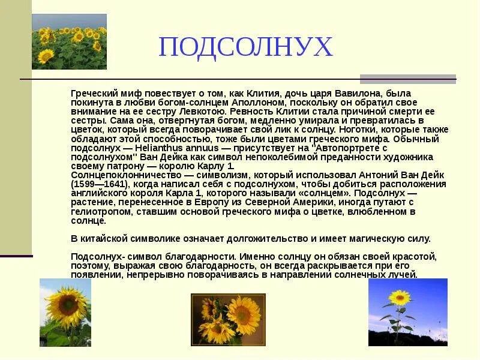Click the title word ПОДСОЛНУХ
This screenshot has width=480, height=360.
click(x=245, y=47)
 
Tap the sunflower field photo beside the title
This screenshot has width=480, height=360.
click(x=69, y=41)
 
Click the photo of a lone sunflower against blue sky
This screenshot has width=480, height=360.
click(x=407, y=312)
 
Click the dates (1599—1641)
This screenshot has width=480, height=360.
click(x=98, y=184)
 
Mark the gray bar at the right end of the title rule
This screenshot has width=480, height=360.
click(x=407, y=79)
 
